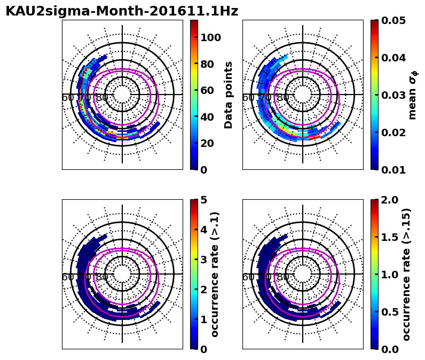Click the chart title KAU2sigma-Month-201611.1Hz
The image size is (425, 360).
[122, 11]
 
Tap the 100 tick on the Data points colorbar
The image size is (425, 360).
[210, 37]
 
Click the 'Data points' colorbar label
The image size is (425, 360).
[229, 95]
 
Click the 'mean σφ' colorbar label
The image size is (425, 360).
[413, 95]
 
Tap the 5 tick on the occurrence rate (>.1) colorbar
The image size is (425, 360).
[203, 200]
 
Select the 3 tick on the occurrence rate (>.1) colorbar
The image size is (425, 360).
[203, 260]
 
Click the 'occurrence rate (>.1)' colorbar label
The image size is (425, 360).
[215, 274]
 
